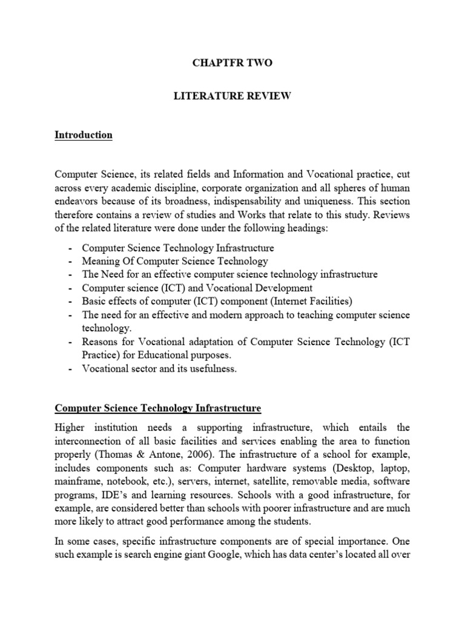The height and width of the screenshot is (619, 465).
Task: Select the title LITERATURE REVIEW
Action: coord(233,97)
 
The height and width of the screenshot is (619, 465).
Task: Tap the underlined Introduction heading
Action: coord(84,135)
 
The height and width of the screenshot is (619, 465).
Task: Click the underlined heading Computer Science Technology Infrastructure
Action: coord(159,393)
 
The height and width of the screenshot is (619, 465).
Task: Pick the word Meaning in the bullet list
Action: coord(100,261)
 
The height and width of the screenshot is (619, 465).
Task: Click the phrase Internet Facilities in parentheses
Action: coord(302,301)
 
